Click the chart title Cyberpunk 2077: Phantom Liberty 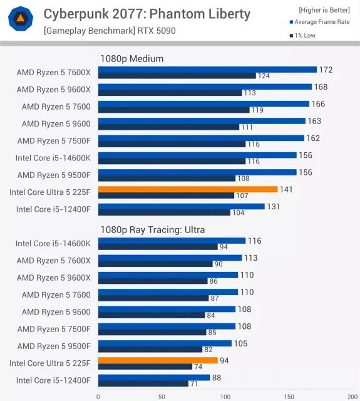[x=147, y=14]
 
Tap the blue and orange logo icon [x=21, y=19]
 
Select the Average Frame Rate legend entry [x=320, y=22]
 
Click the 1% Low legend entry [x=302, y=36]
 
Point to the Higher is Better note [x=324, y=10]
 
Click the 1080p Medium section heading [x=132, y=58]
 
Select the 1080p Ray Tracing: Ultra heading [x=153, y=230]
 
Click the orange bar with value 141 [x=188, y=189]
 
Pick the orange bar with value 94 [x=158, y=360]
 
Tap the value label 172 [x=326, y=70]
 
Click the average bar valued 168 [x=205, y=86]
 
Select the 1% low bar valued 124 [x=177, y=76]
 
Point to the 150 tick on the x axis [x=289, y=397]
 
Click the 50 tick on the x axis [x=162, y=397]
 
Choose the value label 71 [x=194, y=383]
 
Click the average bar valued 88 [x=154, y=377]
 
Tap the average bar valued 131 [x=182, y=206]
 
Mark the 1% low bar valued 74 [x=145, y=367]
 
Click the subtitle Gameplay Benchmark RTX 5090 [x=110, y=31]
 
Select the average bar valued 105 [x=165, y=343]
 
